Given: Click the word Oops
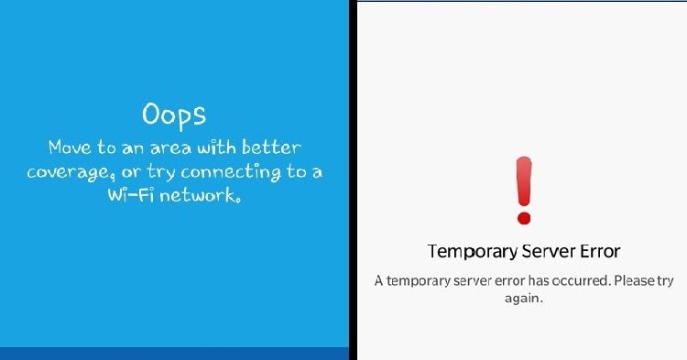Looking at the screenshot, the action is point(174,115).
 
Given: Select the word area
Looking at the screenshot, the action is point(171,149).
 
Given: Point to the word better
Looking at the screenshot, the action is point(272,147).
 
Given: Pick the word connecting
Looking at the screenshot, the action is point(231,172).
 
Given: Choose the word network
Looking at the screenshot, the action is point(200,195).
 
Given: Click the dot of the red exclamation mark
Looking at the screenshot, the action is point(524,218).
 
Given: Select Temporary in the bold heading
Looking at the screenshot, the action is point(473,252).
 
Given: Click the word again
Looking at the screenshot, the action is point(524,300).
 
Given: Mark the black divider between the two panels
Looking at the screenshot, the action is point(354,180).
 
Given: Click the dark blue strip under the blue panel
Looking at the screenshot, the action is point(174,354).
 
